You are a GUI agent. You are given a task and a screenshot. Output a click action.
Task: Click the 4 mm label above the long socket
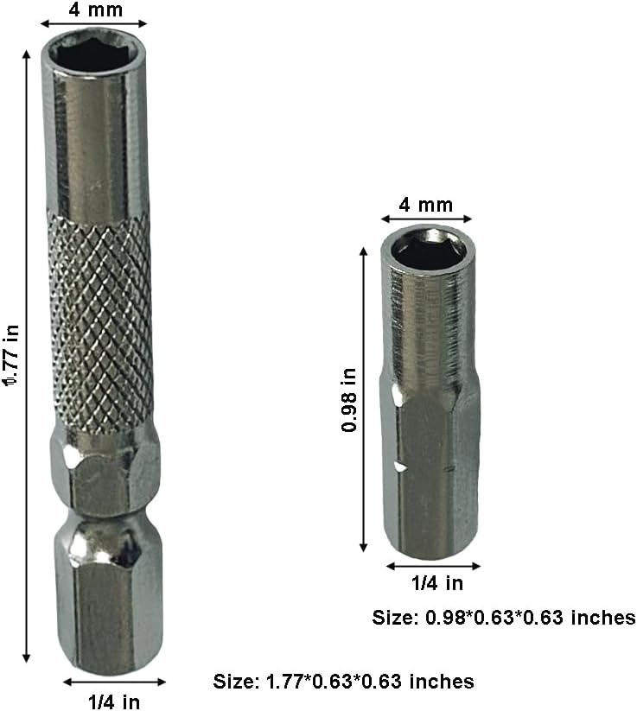pos(94,10)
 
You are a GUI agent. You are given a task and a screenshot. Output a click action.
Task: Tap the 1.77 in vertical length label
pos(11,355)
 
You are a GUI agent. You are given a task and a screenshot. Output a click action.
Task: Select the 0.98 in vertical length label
pos(348,400)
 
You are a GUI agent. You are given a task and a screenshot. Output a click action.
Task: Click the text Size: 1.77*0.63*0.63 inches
pos(343,682)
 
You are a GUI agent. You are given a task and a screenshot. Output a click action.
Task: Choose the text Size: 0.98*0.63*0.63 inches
pos(504,618)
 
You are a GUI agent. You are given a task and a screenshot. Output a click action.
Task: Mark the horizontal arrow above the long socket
pos(94,24)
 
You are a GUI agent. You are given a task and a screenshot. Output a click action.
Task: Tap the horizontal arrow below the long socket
pos(113,682)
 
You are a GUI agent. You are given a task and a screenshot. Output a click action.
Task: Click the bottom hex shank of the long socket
pos(108,605)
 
